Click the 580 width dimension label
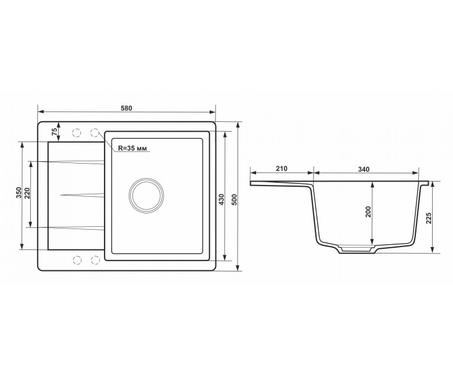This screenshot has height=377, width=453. (127, 108)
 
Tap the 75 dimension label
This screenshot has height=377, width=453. (54, 132)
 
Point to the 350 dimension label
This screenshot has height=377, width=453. (19, 193)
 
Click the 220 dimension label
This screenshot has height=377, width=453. (27, 193)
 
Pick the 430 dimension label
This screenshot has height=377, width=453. (222, 200)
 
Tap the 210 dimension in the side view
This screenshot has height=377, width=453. (282, 168)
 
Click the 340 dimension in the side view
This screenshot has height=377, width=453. (364, 169)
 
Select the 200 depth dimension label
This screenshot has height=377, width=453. (368, 212)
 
